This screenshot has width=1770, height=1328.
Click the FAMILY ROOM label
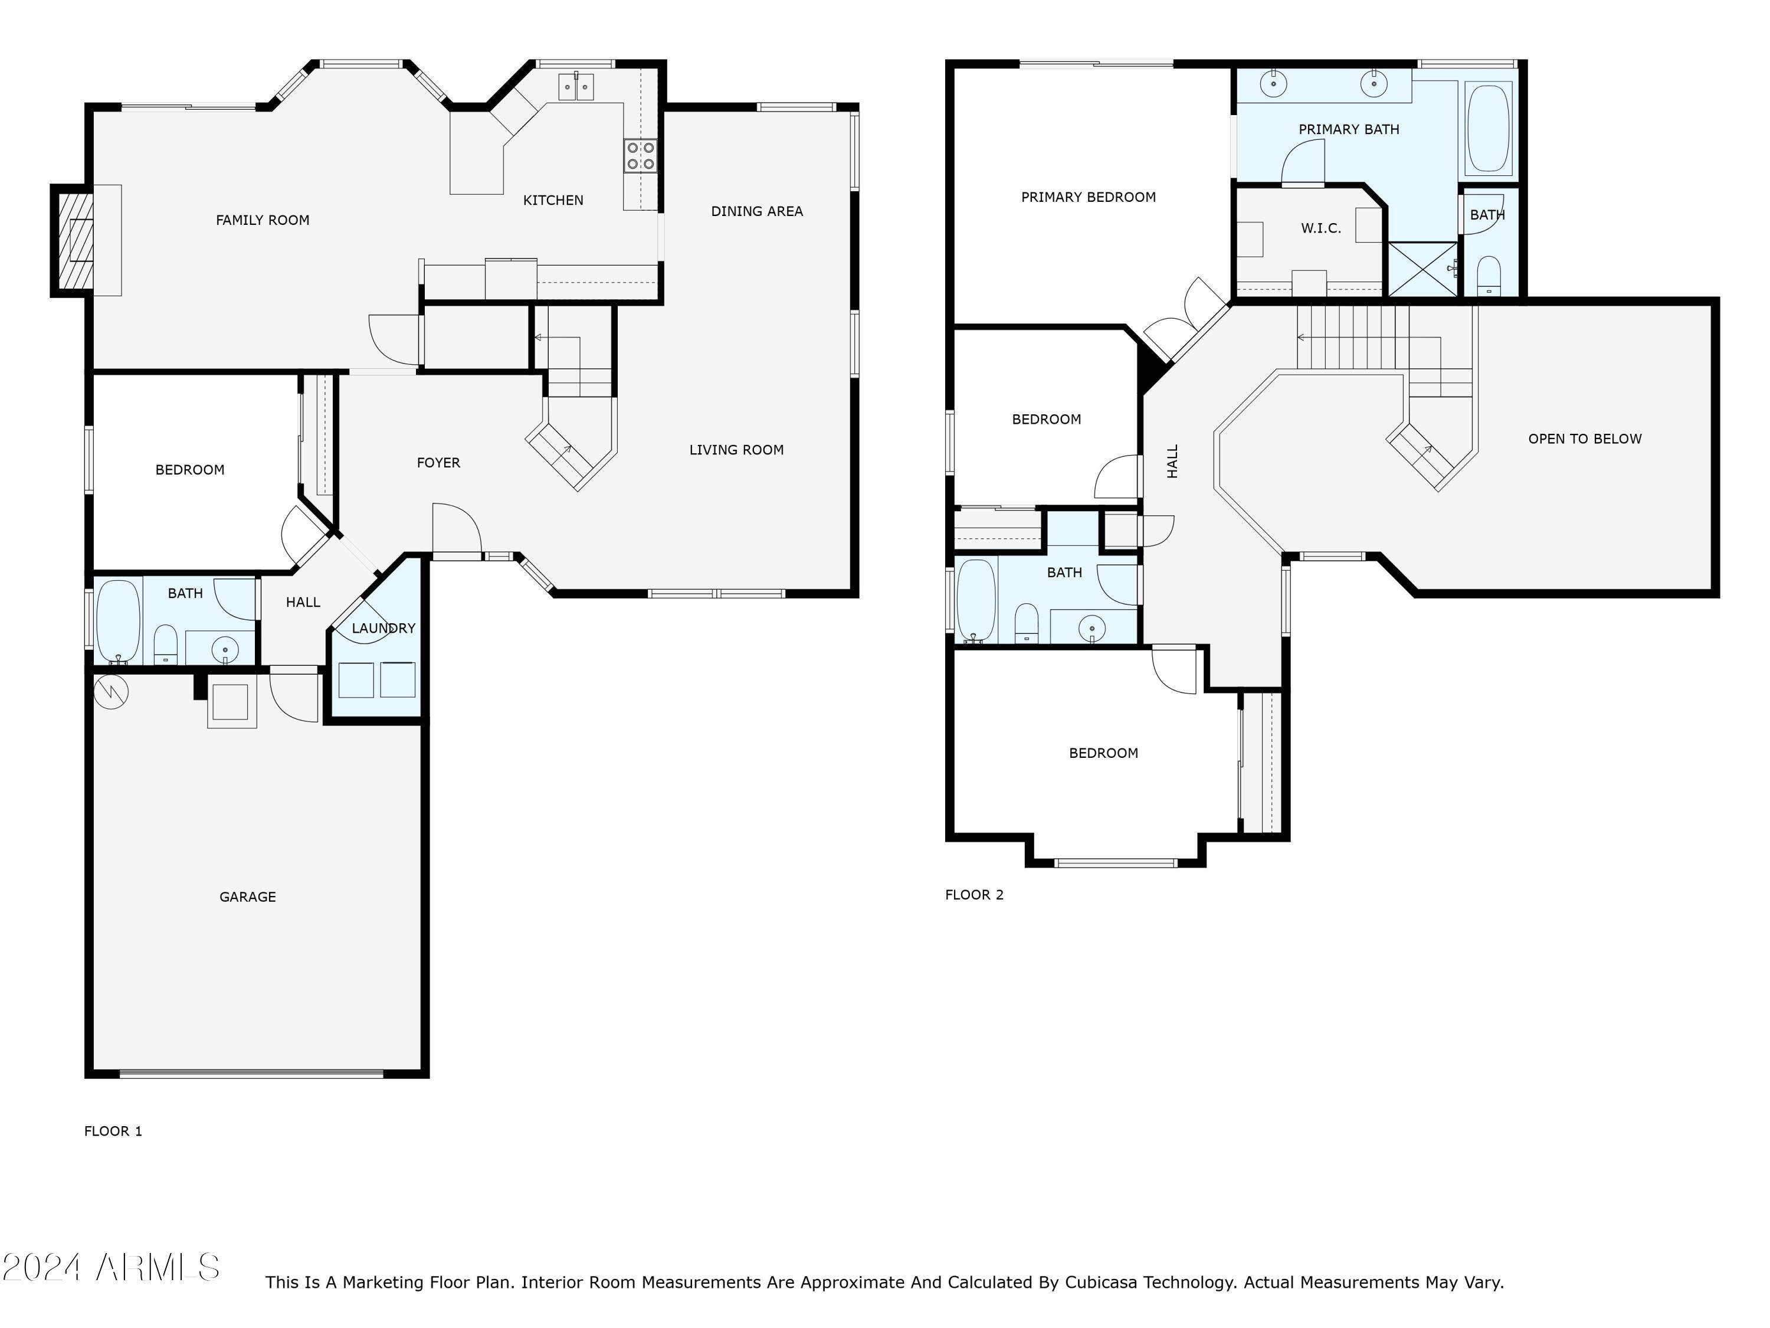[263, 220]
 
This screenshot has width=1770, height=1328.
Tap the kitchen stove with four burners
[640, 155]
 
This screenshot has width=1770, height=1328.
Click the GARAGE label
[247, 897]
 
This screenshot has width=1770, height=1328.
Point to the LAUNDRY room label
[383, 629]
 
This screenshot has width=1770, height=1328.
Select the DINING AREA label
[757, 211]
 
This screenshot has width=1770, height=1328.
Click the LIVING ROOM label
[736, 450]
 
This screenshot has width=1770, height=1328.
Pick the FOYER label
[438, 463]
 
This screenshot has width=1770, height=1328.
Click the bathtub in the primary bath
[1489, 128]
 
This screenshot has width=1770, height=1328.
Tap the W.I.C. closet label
[1321, 228]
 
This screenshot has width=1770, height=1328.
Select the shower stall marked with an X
[1422, 269]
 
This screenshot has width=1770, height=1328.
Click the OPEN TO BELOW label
[1584, 439]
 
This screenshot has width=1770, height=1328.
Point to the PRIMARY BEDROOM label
[1088, 197]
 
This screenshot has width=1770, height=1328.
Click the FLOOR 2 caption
[974, 895]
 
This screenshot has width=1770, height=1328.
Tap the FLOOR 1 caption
[113, 1131]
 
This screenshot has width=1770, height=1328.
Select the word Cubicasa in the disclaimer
[1104, 1283]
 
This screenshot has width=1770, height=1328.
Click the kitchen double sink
[576, 86]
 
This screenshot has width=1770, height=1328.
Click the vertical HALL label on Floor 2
[1172, 462]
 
